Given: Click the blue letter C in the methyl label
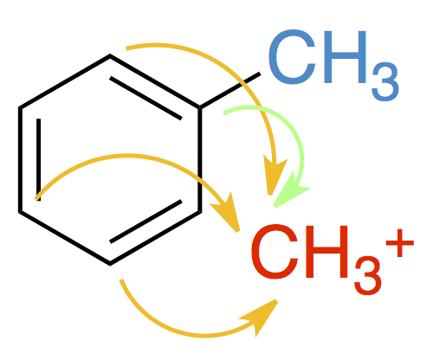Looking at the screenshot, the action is click(x=292, y=57).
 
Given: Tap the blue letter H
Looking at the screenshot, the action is click(x=346, y=57).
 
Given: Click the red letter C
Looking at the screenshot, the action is click(x=274, y=252).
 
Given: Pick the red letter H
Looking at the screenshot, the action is click(x=327, y=252).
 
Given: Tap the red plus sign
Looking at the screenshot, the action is click(x=400, y=243).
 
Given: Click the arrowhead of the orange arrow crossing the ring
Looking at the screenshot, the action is click(x=228, y=212).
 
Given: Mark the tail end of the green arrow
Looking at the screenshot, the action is click(x=224, y=113).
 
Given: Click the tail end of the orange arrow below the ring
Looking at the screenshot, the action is click(x=121, y=280).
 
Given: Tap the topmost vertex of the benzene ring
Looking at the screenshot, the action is click(x=110, y=55).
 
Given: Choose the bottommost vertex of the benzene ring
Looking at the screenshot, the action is click(x=110, y=264).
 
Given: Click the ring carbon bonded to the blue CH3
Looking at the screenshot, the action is click(x=199, y=108).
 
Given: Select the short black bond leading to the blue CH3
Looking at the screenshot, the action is click(x=229, y=91).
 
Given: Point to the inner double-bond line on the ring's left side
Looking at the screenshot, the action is click(x=39, y=159).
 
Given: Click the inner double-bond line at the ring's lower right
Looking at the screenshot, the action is click(x=145, y=222).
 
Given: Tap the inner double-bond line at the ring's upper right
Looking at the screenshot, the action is click(x=145, y=98).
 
